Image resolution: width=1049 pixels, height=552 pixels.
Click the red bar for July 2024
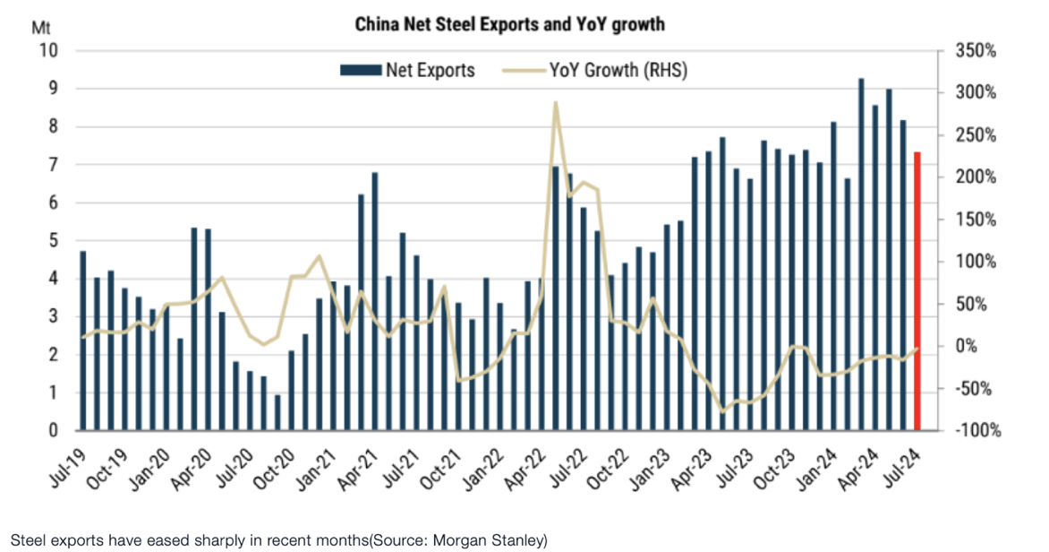(x=917, y=292)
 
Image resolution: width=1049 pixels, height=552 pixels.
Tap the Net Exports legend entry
(x=407, y=69)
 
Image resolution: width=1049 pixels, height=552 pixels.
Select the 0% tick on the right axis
(x=968, y=347)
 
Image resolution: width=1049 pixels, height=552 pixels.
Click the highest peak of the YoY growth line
(x=555, y=102)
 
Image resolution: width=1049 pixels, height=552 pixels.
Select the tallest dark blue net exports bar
(x=861, y=254)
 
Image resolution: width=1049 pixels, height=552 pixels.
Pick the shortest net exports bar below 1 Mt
(x=277, y=413)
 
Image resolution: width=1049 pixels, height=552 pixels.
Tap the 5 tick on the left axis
(x=53, y=241)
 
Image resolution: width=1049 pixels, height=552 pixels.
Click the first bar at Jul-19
(x=83, y=341)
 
